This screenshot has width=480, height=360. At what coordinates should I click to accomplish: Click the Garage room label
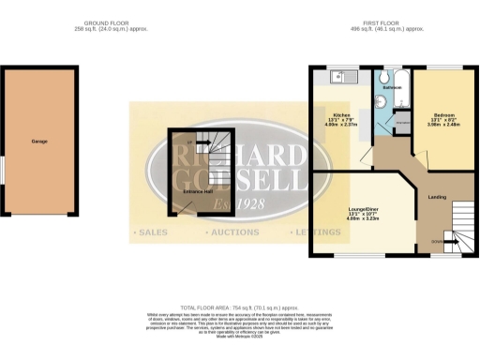pyautogui.click(x=39, y=142)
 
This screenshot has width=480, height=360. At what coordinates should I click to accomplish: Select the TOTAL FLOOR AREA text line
pyautogui.click(x=240, y=308)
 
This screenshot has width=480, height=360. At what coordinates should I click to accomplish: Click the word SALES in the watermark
pyautogui.click(x=151, y=231)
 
